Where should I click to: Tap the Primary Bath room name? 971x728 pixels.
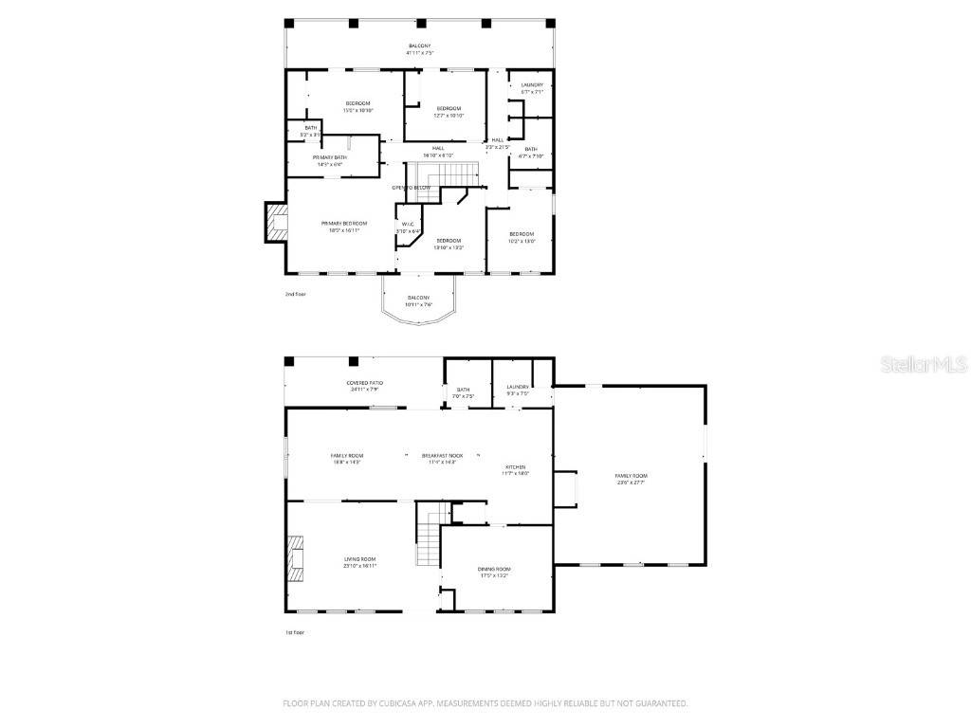330,157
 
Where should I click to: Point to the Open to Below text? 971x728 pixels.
412,188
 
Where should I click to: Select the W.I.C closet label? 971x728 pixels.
408,224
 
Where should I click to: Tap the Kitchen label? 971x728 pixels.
515,467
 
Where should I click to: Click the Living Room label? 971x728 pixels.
360,559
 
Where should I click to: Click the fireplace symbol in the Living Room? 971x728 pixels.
297,557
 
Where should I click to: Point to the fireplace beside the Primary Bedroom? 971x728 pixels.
276,223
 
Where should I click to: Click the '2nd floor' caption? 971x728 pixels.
296,294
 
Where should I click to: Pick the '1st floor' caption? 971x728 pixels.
296,632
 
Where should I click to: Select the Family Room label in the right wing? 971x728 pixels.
631,476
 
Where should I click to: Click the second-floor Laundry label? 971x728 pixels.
532,85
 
